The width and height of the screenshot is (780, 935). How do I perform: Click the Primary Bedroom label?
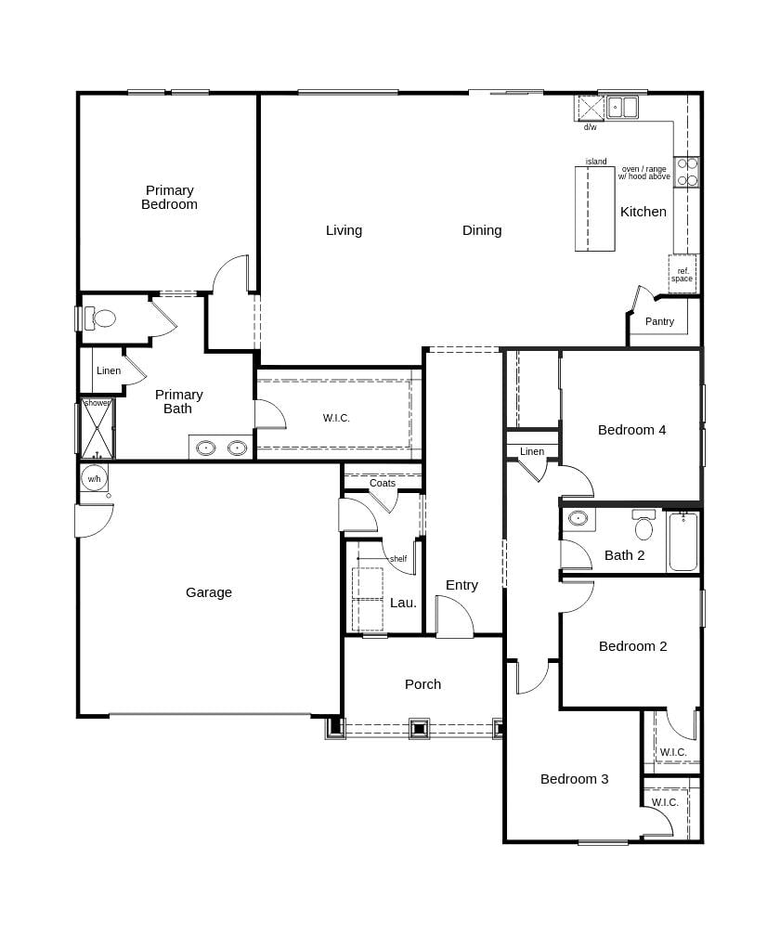pyautogui.click(x=169, y=197)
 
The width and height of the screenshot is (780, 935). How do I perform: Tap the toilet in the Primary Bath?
pyautogui.click(x=102, y=318)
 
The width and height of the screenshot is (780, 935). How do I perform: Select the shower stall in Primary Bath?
pyautogui.click(x=97, y=430)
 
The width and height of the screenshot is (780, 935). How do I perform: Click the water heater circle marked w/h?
pyautogui.click(x=94, y=479)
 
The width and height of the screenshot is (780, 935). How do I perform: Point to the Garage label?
pyautogui.click(x=209, y=592)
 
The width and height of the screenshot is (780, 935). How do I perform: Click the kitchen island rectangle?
pyautogui.click(x=595, y=209)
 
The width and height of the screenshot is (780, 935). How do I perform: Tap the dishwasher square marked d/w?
pyautogui.click(x=591, y=108)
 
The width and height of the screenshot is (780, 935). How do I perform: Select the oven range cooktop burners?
pyautogui.click(x=687, y=172)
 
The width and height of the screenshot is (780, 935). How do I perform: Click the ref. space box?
pyautogui.click(x=682, y=275)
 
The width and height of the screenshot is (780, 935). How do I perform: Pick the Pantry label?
pyautogui.click(x=659, y=321)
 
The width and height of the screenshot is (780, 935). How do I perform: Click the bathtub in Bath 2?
pyautogui.click(x=682, y=542)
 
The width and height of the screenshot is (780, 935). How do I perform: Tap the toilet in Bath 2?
pyautogui.click(x=643, y=527)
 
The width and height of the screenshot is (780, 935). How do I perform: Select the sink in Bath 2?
pyautogui.click(x=578, y=518)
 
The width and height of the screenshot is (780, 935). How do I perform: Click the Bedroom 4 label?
pyautogui.click(x=631, y=430)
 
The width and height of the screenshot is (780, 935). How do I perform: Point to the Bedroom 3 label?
pyautogui.click(x=574, y=779)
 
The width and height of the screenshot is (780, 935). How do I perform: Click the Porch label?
pyautogui.click(x=422, y=684)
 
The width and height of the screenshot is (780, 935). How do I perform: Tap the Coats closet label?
pyautogui.click(x=383, y=483)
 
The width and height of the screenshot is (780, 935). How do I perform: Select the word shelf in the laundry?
pyautogui.click(x=397, y=559)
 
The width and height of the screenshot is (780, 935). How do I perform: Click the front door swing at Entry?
pyautogui.click(x=454, y=618)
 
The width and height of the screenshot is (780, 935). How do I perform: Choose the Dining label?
pyautogui.click(x=482, y=230)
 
